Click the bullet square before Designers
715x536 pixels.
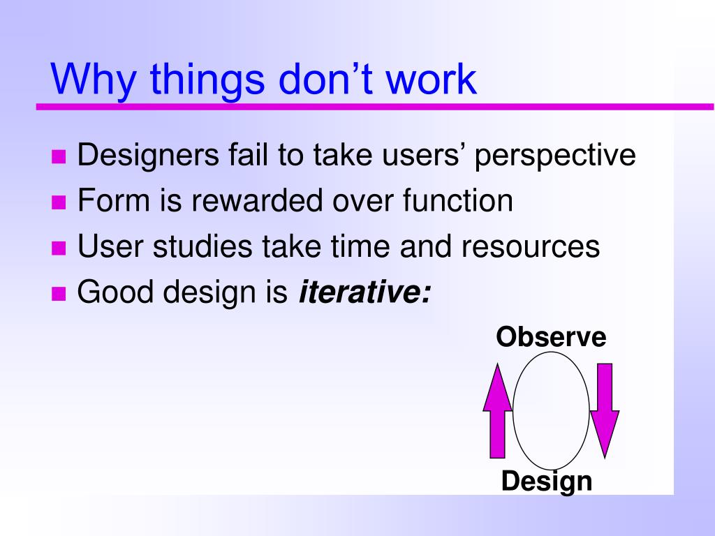click(59, 156)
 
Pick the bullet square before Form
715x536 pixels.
click(59, 202)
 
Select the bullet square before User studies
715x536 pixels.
click(59, 248)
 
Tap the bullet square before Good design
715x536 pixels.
click(59, 293)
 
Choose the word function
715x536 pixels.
click(457, 201)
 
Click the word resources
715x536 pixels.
click(530, 246)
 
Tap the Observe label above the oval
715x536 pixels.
click(551, 337)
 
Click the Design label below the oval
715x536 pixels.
click(547, 481)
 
